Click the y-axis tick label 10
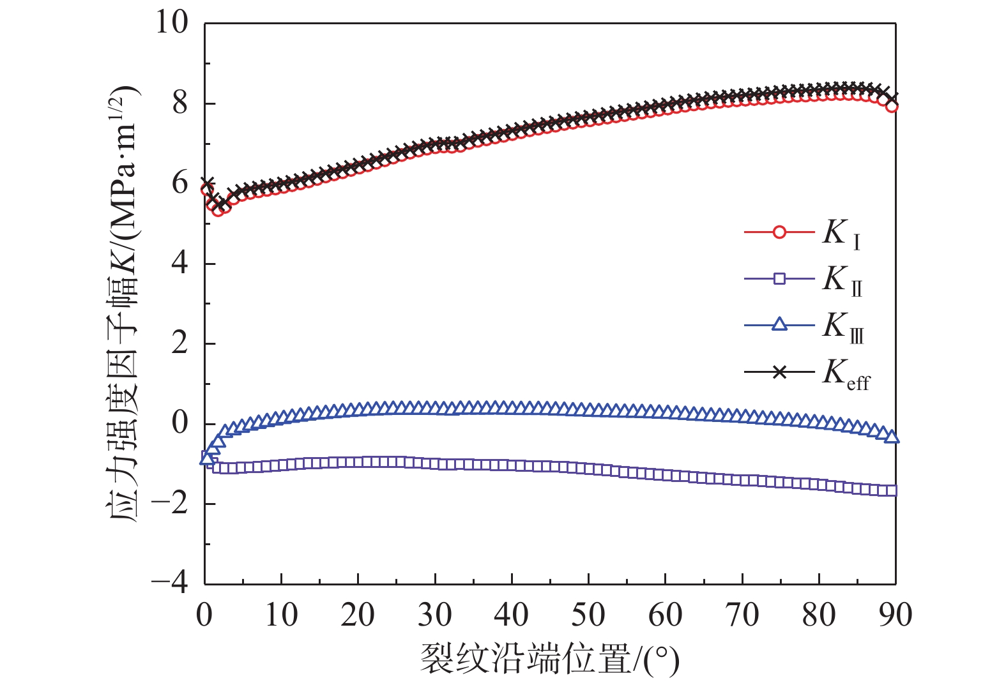[x=172, y=23]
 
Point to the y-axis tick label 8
[x=180, y=103]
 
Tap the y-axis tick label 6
[x=180, y=183]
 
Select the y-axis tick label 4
[x=180, y=263]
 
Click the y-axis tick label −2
[x=170, y=504]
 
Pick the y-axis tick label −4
[x=170, y=582]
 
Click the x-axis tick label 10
[x=281, y=615]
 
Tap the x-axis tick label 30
[x=435, y=615]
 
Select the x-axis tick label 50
[x=588, y=615]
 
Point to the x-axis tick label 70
[x=742, y=615]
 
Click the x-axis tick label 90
[x=895, y=615]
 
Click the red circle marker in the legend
[x=779, y=232]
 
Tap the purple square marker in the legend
[x=779, y=278]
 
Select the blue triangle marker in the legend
[x=779, y=324]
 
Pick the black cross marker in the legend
[x=779, y=372]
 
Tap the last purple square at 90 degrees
[x=892, y=490]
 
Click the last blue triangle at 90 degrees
[x=892, y=437]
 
